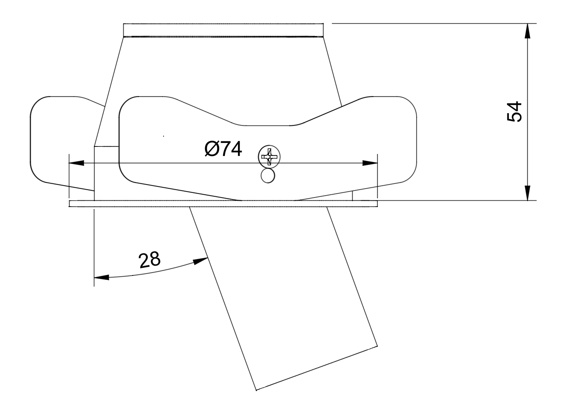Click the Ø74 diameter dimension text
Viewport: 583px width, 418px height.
pyautogui.click(x=223, y=149)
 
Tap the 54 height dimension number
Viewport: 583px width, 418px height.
pyautogui.click(x=514, y=112)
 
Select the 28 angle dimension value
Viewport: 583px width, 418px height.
pyautogui.click(x=149, y=260)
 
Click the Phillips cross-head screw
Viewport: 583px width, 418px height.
pyautogui.click(x=269, y=157)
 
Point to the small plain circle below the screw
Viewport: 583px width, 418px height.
pyautogui.click(x=268, y=176)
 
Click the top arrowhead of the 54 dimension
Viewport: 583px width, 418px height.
pyautogui.click(x=527, y=31)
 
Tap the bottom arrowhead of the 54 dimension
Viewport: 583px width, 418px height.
pyautogui.click(x=527, y=193)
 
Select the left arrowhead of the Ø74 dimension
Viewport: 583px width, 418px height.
pyautogui.click(x=76, y=163)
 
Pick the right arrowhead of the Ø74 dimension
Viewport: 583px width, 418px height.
pyautogui.click(x=370, y=163)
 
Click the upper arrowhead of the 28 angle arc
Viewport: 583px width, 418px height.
pyautogui.click(x=201, y=261)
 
